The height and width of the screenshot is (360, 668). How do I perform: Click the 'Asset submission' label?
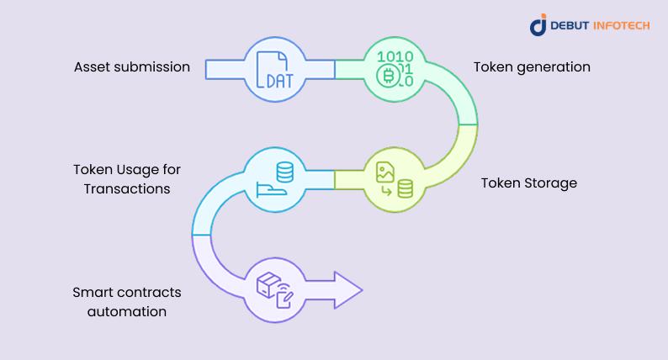click(x=132, y=67)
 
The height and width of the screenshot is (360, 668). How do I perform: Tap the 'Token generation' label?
click(x=532, y=67)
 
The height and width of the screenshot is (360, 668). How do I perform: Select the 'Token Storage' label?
click(x=529, y=183)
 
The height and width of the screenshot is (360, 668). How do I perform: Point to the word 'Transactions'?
click(x=127, y=188)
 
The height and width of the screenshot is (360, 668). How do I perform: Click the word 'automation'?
click(x=127, y=311)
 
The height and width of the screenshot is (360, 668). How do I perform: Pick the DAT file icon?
click(x=275, y=70)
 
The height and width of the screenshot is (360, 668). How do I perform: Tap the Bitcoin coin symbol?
click(x=388, y=77)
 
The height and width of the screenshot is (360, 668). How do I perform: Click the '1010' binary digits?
click(x=395, y=56)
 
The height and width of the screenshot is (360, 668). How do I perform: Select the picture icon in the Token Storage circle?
click(x=384, y=172)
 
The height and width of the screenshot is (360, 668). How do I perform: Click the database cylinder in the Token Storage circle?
click(x=406, y=188)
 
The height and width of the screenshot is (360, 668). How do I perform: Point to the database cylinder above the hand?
click(x=284, y=172)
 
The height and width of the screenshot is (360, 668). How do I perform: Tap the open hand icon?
click(x=272, y=190)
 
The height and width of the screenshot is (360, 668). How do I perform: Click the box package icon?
click(x=268, y=285)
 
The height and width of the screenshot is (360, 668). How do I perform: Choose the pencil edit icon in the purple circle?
click(x=285, y=299)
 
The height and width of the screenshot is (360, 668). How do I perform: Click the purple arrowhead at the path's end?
click(x=348, y=290)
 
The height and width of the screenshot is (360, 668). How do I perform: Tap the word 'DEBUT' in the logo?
click(x=570, y=25)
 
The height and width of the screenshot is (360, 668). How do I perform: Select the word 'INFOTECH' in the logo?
click(x=622, y=25)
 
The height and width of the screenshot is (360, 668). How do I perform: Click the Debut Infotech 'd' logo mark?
click(x=538, y=24)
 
